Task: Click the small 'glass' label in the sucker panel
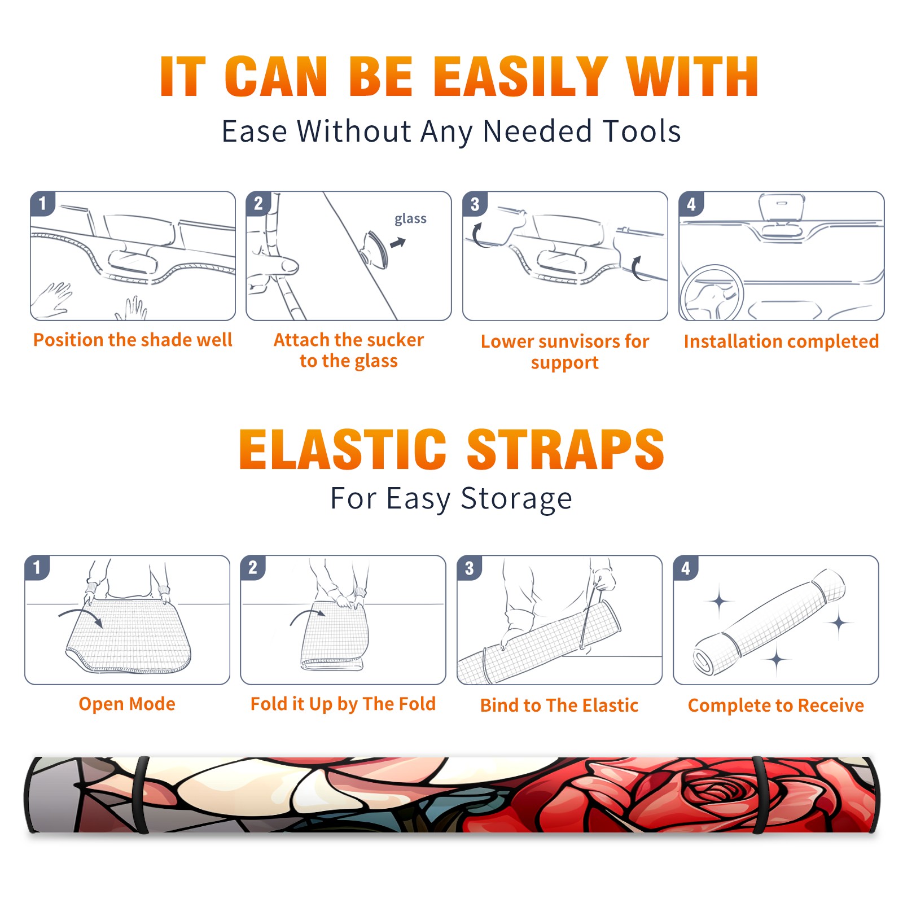pyautogui.click(x=410, y=219)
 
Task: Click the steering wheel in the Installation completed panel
pyautogui.click(x=712, y=292)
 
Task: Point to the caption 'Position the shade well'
pyautogui.click(x=133, y=340)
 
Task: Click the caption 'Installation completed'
pyautogui.click(x=781, y=341)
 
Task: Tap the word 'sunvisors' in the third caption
pyautogui.click(x=573, y=341)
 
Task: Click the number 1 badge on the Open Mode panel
pyautogui.click(x=37, y=567)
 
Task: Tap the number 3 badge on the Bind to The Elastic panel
pyautogui.click(x=470, y=568)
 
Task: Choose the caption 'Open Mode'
pyautogui.click(x=127, y=704)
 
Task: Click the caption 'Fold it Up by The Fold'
pyautogui.click(x=343, y=704)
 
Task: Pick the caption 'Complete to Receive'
pyautogui.click(x=776, y=705)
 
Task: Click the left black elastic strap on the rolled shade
pyautogui.click(x=141, y=795)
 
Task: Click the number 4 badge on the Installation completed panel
pyautogui.click(x=691, y=204)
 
